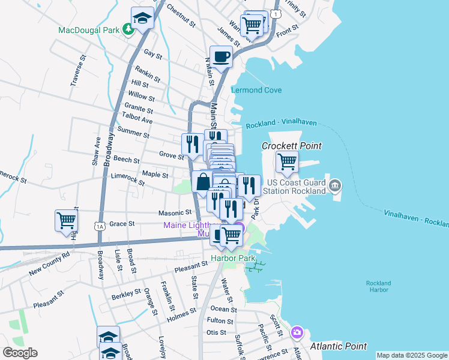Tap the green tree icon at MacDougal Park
(128, 29)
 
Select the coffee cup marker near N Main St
(221, 57)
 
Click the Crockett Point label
(292, 146)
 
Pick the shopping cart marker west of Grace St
(66, 220)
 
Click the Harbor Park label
(229, 259)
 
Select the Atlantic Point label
(339, 346)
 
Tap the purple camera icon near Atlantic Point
(297, 332)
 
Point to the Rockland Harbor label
(378, 286)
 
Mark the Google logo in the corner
(20, 353)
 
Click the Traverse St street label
(75, 71)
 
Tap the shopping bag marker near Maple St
(203, 181)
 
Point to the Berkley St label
(125, 296)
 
